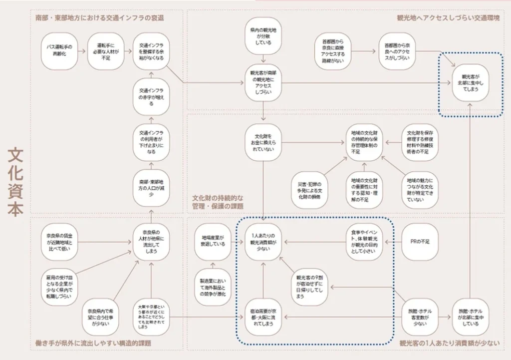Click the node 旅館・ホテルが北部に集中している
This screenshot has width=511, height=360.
(x=471, y=317)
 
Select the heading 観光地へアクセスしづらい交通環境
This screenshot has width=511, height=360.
(x=448, y=18)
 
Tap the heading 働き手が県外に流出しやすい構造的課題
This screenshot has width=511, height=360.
(x=93, y=344)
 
